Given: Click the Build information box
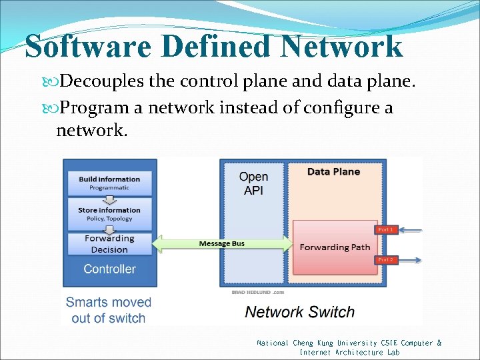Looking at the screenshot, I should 109,183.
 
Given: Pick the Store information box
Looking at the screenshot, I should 109,214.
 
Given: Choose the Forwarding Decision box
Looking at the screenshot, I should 109,244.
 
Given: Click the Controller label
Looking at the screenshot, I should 109,269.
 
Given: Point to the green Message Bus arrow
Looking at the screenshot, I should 222,244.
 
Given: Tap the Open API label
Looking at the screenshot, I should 253,183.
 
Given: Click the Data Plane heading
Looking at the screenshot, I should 333,172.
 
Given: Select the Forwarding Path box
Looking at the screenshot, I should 335,247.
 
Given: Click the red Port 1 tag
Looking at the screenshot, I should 386,229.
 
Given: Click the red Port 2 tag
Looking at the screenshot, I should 386,259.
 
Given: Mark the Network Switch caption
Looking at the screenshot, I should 300,312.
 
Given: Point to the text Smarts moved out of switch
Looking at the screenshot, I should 108,310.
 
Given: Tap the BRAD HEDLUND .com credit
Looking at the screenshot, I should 258,292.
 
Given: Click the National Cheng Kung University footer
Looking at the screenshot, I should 349,347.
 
